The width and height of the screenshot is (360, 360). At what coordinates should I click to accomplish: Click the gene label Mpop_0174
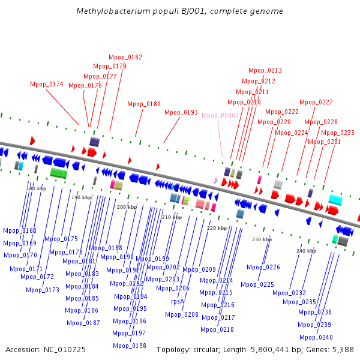[47, 84]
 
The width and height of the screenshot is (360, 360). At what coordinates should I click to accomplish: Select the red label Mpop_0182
[125, 57]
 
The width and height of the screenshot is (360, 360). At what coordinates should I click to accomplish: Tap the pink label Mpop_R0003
[220, 115]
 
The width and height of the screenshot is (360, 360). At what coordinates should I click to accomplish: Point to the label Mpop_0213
[265, 70]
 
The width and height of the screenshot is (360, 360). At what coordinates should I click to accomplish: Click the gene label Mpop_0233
[338, 133]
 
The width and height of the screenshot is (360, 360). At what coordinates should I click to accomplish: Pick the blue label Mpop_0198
[130, 346]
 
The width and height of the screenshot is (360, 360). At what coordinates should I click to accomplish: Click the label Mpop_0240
[316, 337]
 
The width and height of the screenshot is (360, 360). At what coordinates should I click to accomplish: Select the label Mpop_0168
[20, 230]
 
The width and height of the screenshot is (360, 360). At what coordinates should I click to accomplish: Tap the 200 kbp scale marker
[127, 207]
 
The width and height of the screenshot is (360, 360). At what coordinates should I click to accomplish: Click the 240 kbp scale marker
[306, 251]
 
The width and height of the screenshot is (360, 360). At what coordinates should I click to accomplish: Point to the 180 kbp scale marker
[36, 188]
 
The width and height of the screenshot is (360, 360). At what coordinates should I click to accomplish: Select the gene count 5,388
[342, 349]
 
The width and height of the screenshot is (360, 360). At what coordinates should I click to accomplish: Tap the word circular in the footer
[209, 349]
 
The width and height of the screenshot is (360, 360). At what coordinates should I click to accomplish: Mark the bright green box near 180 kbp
[58, 173]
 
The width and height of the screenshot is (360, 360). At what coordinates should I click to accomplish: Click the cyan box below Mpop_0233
[335, 200]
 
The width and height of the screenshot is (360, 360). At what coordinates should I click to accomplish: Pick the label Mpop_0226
[263, 267]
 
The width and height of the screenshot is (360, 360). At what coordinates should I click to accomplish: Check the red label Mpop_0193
[181, 112]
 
